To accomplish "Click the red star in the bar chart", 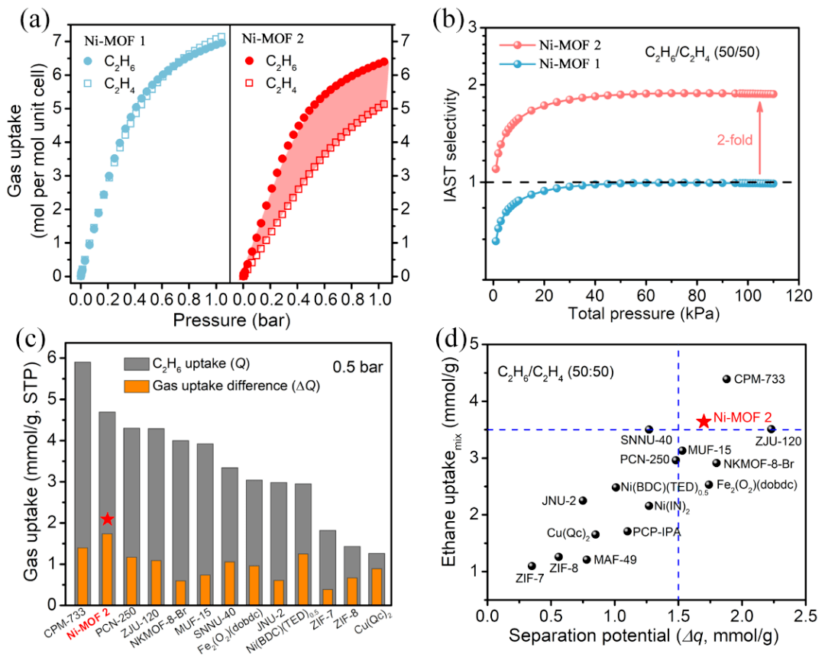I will coord(108,519).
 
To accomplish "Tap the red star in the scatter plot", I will coord(703,421).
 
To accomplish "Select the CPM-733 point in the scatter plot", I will coord(726,379).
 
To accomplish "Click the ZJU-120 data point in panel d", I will coord(771,429).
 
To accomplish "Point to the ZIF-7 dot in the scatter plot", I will coord(532,566).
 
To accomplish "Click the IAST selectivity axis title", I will coord(456,156).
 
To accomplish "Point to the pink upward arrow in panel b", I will coord(760,137).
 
